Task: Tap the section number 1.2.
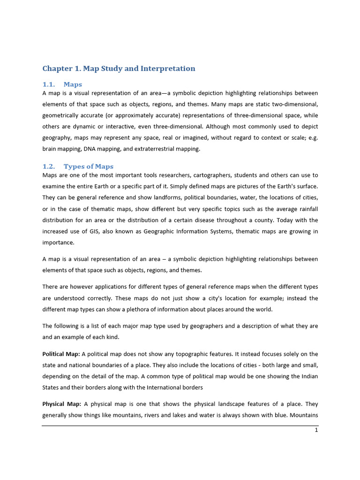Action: [49, 166]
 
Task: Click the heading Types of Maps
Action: [89, 166]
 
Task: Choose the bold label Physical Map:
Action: [62, 404]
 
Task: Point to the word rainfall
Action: [307, 209]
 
